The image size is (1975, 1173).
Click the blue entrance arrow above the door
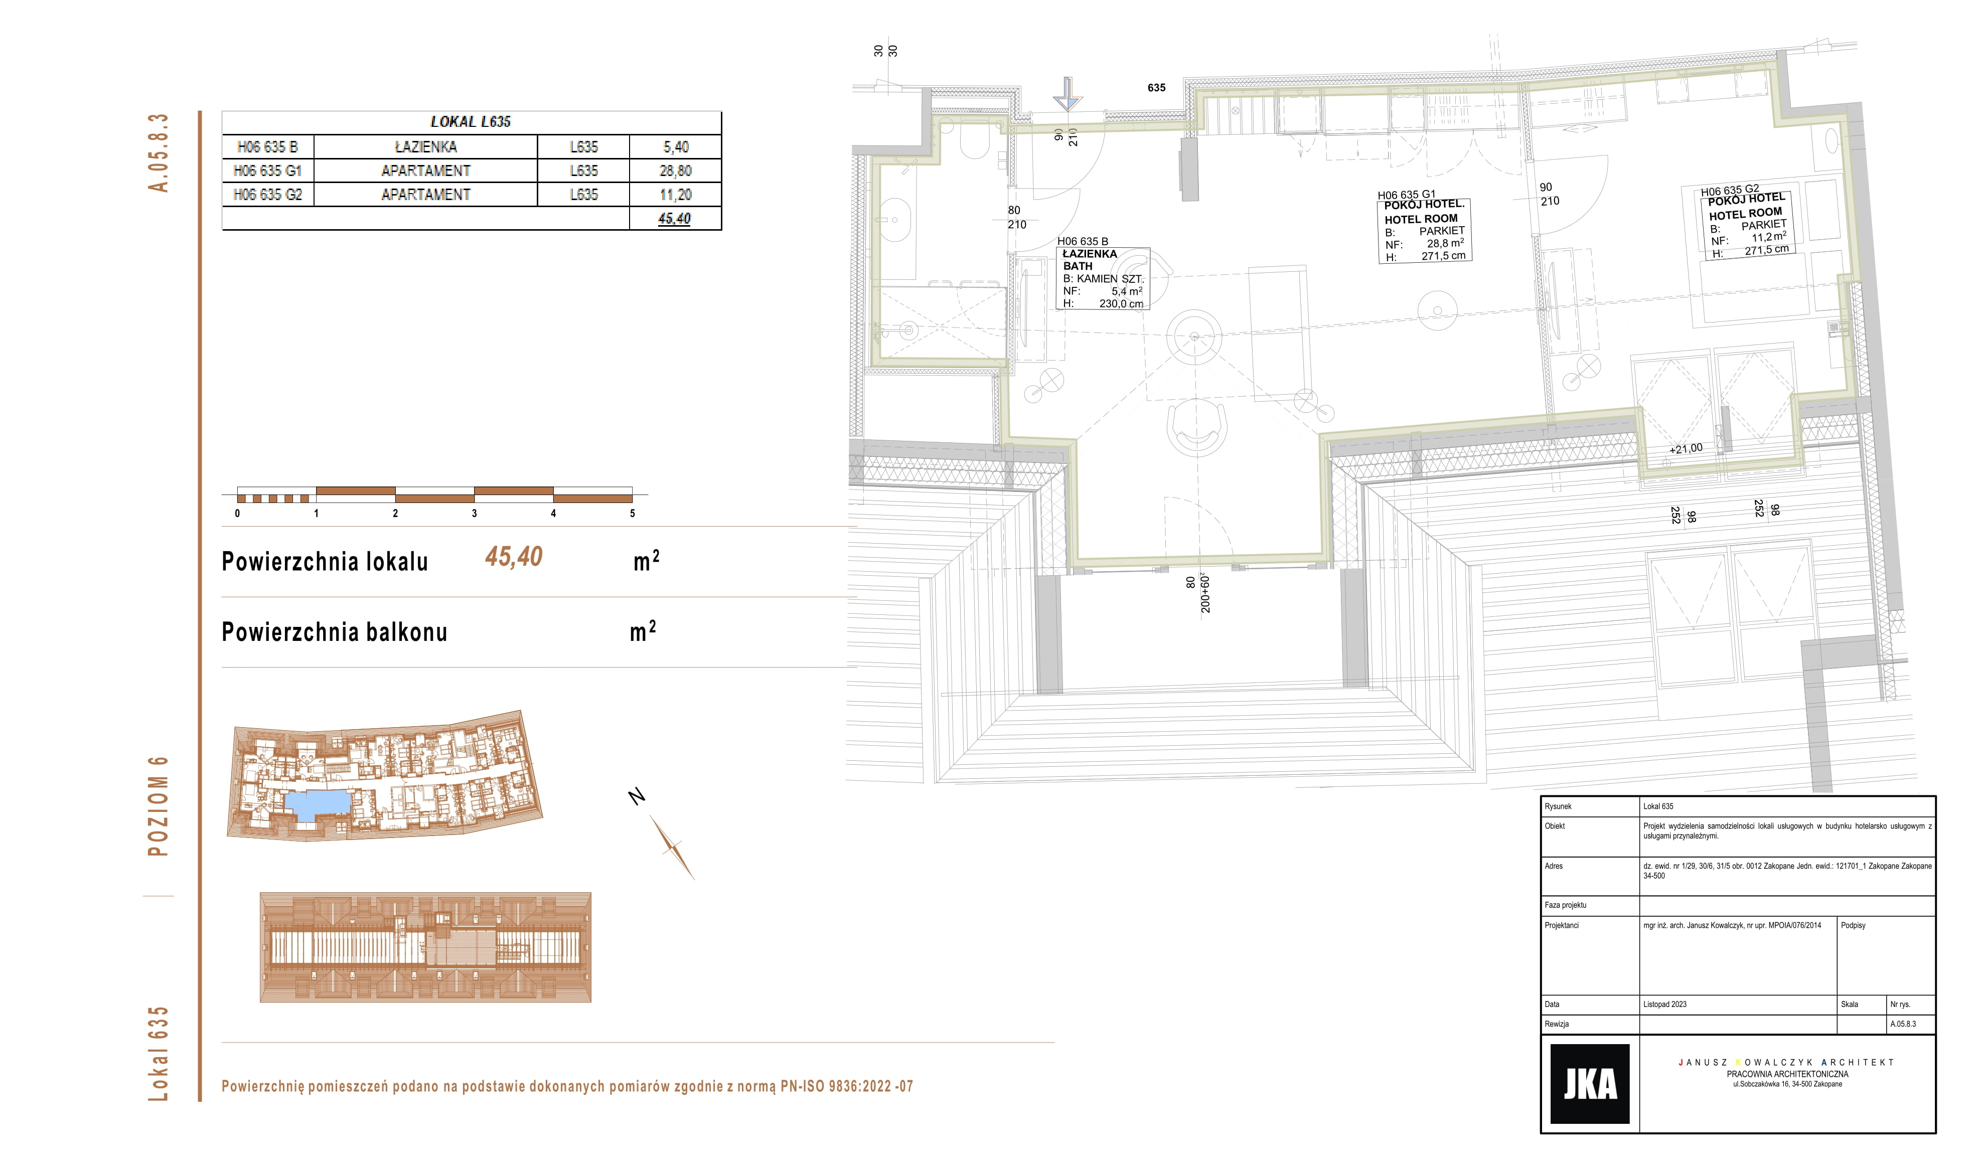pos(1068,93)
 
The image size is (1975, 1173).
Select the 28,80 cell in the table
pos(675,171)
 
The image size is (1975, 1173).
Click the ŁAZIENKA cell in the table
pos(425,147)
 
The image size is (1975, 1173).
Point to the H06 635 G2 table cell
pos(268,195)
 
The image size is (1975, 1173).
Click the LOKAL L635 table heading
pos(471,122)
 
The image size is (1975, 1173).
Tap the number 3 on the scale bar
pos(475,513)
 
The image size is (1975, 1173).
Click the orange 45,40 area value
pos(514,557)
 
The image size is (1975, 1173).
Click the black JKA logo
pos(1589,1084)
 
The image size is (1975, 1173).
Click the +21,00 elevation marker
pos(1686,449)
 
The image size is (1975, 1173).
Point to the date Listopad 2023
pos(1664,1004)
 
